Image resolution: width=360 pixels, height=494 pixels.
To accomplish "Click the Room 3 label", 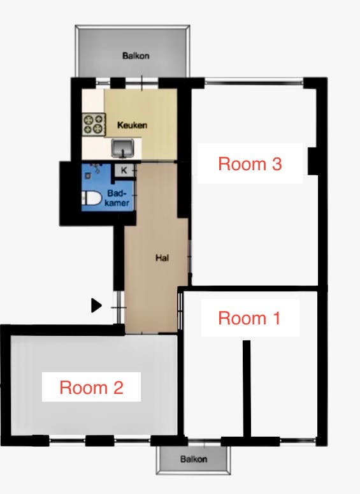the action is pyautogui.click(x=250, y=164).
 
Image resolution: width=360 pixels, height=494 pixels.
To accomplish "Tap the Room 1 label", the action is pyautogui.click(x=249, y=318).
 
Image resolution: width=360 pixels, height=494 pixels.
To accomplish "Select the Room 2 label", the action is pyautogui.click(x=91, y=387).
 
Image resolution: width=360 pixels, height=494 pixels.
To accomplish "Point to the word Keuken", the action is pyautogui.click(x=133, y=125).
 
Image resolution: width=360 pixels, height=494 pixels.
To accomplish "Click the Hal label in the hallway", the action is pyautogui.click(x=162, y=258).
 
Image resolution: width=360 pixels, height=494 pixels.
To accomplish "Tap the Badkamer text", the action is pyautogui.click(x=117, y=198).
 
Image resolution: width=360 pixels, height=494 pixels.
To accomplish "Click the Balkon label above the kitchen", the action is pyautogui.click(x=136, y=55).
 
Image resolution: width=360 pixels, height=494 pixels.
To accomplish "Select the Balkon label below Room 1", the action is pyautogui.click(x=194, y=459).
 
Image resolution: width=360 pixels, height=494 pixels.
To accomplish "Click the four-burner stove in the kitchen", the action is pyautogui.click(x=94, y=124).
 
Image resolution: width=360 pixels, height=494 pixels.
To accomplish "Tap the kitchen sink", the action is pyautogui.click(x=123, y=149).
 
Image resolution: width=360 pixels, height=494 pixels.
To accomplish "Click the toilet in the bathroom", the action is pyautogui.click(x=90, y=198).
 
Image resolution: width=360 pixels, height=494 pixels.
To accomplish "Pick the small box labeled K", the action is pyautogui.click(x=124, y=170).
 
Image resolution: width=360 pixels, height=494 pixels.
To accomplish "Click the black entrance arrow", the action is pyautogui.click(x=96, y=305).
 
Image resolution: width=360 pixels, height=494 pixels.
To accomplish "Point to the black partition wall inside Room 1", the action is pyautogui.click(x=247, y=388).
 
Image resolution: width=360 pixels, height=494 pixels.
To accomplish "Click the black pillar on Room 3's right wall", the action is pyautogui.click(x=312, y=161).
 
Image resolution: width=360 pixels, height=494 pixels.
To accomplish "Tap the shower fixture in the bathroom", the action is pyautogui.click(x=93, y=170).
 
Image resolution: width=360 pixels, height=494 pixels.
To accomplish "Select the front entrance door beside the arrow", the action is pyautogui.click(x=119, y=307).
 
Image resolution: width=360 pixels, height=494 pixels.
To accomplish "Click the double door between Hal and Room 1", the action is pyautogui.click(x=180, y=312).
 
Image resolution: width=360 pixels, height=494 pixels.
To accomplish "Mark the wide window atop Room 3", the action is pyautogui.click(x=254, y=82).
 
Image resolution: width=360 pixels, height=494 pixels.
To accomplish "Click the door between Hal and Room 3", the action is pyautogui.click(x=190, y=257).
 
